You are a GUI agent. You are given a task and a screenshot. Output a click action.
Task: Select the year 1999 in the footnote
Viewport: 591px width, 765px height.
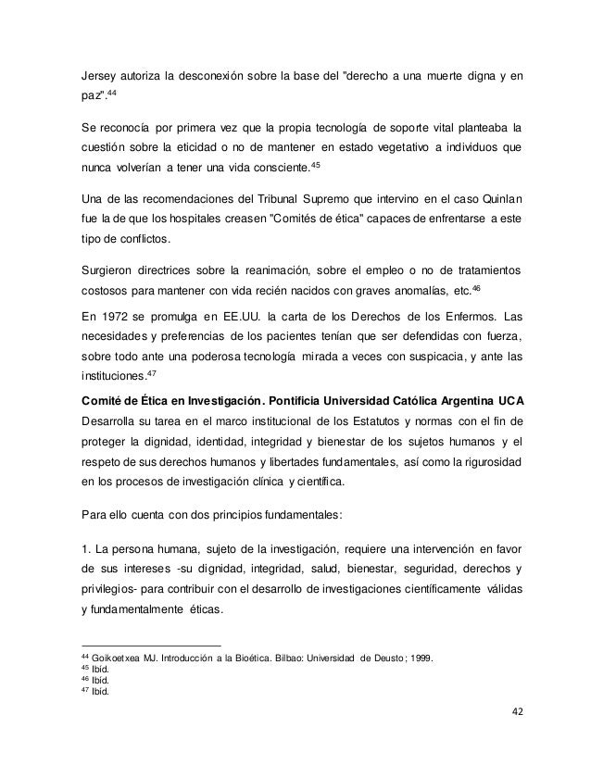[432, 658]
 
